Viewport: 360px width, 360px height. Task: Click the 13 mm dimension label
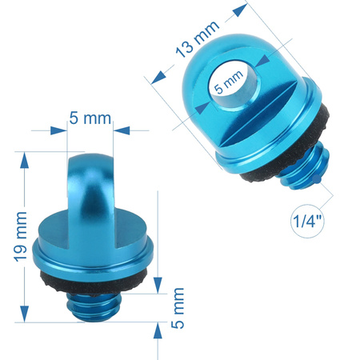198,39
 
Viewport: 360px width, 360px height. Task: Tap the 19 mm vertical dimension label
21,237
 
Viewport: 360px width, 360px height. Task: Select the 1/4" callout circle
307,221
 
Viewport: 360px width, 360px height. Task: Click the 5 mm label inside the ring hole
229,82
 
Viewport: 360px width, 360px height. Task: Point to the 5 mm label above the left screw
90,118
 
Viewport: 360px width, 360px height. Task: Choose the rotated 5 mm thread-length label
178,308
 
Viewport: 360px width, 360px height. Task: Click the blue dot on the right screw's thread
317,179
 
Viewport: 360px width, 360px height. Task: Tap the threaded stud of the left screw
94,306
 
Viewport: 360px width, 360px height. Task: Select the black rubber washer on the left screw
94,282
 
